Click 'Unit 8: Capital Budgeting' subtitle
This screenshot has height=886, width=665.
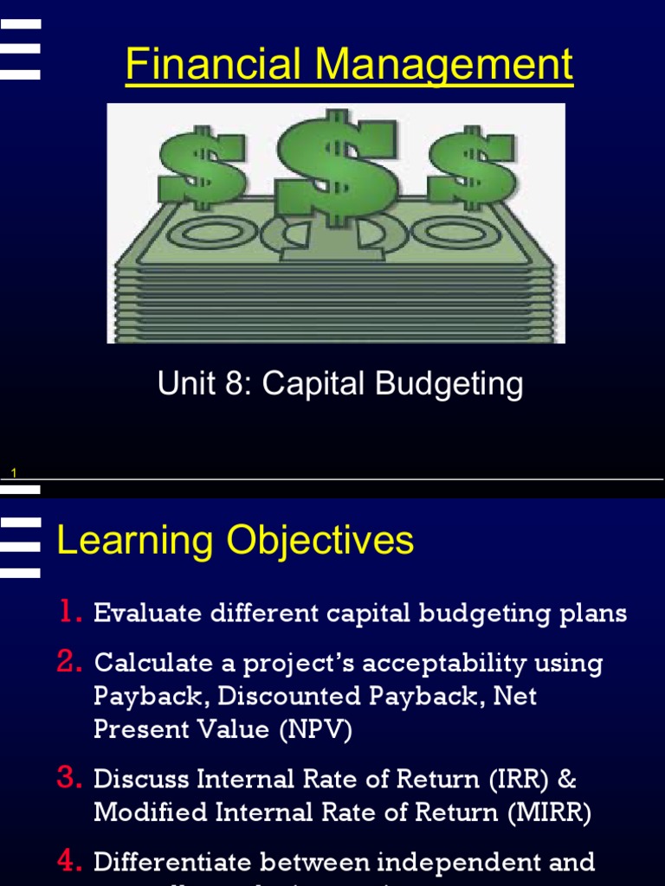click(x=340, y=383)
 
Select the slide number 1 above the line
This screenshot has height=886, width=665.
click(x=14, y=472)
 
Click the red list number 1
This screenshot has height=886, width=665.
click(x=69, y=613)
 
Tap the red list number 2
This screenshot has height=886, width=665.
click(x=69, y=662)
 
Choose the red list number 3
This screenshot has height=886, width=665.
click(x=69, y=778)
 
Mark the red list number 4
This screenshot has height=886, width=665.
click(x=69, y=861)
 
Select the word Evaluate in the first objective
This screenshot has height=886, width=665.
click(x=144, y=613)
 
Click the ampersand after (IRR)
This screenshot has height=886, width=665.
click(x=567, y=779)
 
